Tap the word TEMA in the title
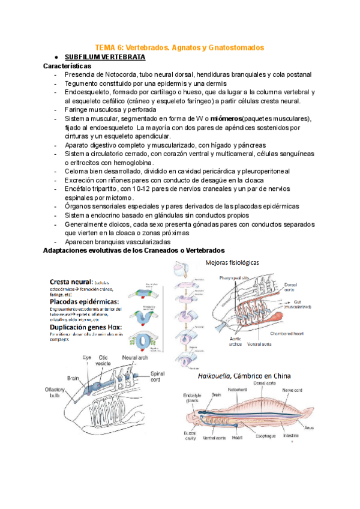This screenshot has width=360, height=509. point(107,46)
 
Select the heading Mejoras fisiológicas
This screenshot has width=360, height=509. point(232,262)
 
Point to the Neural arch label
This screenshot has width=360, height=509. point(134,357)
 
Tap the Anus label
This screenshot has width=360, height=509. point(325,428)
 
